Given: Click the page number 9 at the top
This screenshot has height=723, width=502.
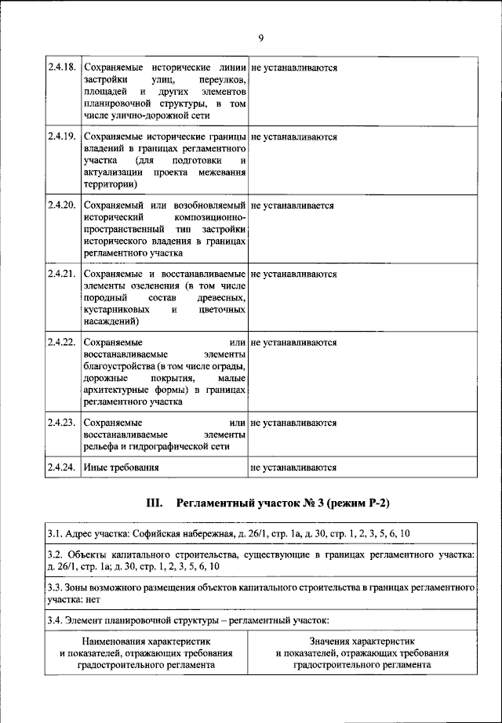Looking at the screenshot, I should tap(260, 38).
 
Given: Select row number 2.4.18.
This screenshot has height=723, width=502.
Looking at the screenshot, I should tap(62, 68).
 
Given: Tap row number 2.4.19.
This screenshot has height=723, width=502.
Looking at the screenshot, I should tap(62, 136).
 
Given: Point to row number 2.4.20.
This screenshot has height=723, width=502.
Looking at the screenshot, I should tap(62, 205).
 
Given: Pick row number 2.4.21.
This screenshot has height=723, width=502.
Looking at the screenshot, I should tap(62, 274).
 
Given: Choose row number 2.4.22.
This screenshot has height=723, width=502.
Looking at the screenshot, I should tap(62, 343).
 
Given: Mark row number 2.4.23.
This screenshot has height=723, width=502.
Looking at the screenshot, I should tap(62, 423).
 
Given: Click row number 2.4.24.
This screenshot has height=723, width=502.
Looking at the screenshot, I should tap(62, 468).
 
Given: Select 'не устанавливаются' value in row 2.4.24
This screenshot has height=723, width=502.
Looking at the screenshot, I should tap(294, 468).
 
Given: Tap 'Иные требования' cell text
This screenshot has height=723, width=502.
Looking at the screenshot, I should tap(122, 468).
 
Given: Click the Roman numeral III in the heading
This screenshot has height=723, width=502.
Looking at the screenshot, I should tap(155, 503).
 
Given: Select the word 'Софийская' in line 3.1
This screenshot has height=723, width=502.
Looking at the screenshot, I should tap(157, 534).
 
